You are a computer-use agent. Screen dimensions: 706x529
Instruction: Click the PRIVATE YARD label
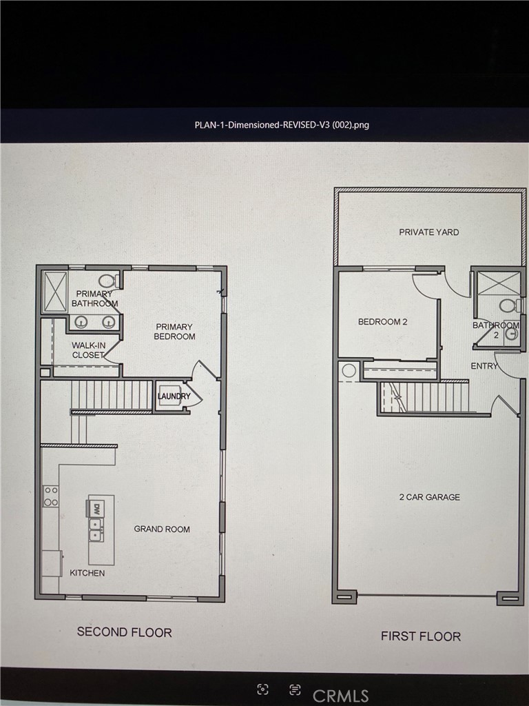click(428, 232)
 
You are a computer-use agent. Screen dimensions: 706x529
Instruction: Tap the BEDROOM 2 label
click(382, 322)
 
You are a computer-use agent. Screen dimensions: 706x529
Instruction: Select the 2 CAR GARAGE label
click(429, 497)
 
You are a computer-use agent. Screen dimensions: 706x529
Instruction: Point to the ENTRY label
click(484, 366)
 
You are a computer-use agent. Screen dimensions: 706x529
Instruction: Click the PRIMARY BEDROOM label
click(175, 332)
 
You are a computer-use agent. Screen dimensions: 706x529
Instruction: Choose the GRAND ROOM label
click(162, 529)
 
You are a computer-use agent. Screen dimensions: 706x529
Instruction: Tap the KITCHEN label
click(87, 573)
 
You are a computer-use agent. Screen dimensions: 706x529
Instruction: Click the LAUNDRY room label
click(174, 396)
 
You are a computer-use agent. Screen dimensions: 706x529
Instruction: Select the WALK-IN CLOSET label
click(88, 350)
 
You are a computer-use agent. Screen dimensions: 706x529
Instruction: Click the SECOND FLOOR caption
click(124, 632)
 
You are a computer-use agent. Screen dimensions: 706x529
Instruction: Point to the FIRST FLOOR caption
click(421, 636)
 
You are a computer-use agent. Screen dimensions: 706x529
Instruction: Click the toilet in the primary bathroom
click(107, 281)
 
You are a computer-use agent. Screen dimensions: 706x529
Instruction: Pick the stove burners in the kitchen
click(51, 496)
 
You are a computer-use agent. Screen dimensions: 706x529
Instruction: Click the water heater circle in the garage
click(349, 371)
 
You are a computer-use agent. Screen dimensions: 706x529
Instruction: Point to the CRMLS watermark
click(340, 695)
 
